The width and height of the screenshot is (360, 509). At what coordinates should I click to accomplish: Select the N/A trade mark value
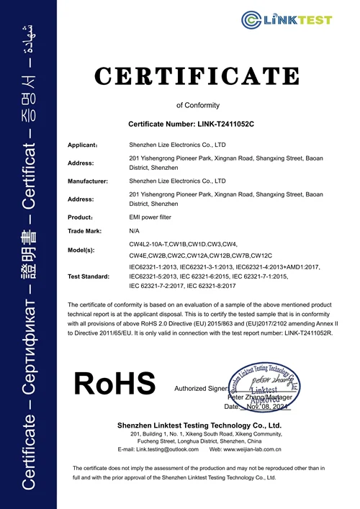[134, 231]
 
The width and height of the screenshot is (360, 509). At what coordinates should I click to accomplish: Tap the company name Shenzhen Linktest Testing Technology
[209, 425]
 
